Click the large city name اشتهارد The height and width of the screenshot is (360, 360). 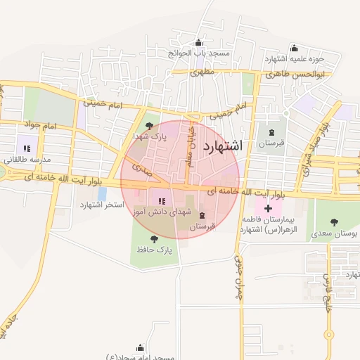(221, 146)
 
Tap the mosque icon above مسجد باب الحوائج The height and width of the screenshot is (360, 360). (198, 42)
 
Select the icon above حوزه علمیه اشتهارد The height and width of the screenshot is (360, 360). (293, 48)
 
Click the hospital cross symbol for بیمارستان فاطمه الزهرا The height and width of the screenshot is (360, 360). (268, 210)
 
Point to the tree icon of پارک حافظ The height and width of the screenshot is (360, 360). (154, 239)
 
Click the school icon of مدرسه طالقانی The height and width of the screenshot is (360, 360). (27, 148)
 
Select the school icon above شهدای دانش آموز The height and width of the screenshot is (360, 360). (162, 202)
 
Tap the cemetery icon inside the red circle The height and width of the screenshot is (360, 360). (202, 215)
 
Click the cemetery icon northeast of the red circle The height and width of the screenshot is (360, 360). (271, 132)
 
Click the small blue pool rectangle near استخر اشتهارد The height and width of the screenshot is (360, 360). (103, 193)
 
